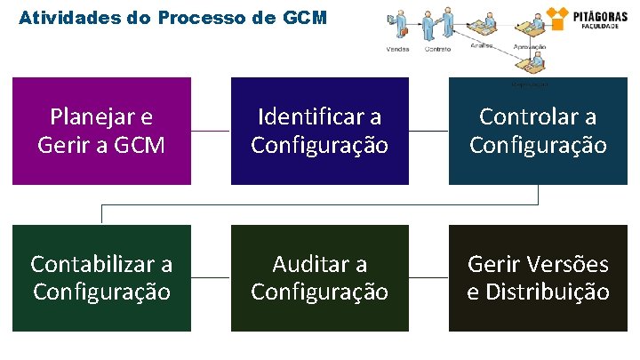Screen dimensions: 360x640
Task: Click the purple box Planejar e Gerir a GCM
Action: [x=101, y=131]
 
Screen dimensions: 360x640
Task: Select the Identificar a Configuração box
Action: [x=320, y=131]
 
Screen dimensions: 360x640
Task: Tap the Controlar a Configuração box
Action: [x=538, y=131]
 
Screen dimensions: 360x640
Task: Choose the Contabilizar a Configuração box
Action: [x=101, y=277]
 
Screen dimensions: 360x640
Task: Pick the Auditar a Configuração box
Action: [x=320, y=277]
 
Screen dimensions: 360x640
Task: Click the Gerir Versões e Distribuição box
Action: [x=538, y=277]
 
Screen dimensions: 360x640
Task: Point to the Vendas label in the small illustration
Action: [x=398, y=49]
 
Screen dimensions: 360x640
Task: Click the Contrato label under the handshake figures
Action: [x=437, y=49]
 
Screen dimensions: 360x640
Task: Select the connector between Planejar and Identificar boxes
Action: [x=211, y=131]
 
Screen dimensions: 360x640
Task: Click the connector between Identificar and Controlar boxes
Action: [x=428, y=131]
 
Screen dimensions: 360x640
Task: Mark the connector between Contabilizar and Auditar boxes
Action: [x=211, y=277]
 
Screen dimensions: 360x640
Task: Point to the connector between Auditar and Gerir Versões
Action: [x=428, y=277]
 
